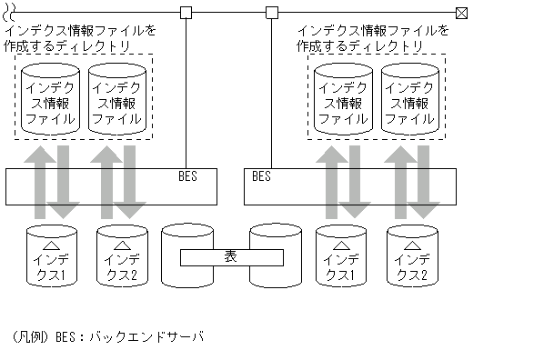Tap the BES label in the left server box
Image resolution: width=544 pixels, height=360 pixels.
pos(189,176)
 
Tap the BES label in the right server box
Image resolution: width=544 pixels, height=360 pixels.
pos(261,176)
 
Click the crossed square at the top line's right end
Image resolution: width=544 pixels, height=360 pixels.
pos(460,12)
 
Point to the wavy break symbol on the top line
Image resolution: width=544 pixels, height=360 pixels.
pos(9,12)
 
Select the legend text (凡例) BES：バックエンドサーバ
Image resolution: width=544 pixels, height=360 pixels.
pos(108,336)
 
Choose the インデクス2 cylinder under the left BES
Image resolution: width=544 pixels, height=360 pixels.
pos(123,257)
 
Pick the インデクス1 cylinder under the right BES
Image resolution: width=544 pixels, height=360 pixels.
pos(342,257)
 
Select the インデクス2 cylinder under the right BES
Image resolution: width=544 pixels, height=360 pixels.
pos(413,257)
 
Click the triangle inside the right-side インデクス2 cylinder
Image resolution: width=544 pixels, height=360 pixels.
pos(413,244)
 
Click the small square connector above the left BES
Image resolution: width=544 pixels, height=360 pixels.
pos(186,12)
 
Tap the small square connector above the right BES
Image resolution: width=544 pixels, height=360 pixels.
pos(271,12)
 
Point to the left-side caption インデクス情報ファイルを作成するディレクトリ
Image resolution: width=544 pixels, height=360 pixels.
pos(80,37)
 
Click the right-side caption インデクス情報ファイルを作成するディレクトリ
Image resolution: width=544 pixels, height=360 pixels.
pos(373,37)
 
